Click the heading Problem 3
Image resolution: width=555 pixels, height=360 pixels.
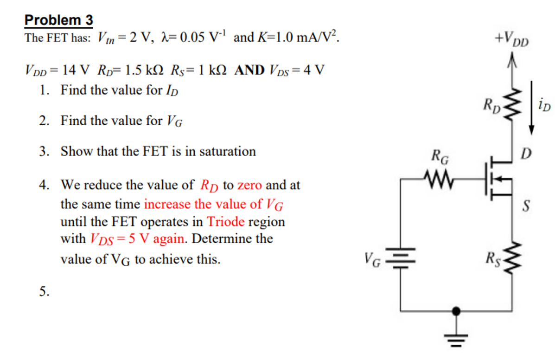tap(58, 20)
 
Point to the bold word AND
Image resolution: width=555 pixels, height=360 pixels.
tap(249, 71)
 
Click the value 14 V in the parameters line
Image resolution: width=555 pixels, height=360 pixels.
tap(75, 71)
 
